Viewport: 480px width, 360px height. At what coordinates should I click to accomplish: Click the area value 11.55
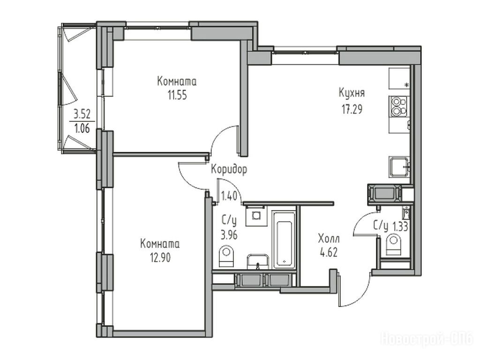click(177, 96)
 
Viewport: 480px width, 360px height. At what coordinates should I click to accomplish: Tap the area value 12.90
click(160, 258)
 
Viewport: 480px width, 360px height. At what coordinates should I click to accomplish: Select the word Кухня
click(352, 93)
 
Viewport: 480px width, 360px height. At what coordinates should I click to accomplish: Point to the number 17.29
click(352, 109)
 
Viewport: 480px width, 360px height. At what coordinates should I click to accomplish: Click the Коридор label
click(229, 169)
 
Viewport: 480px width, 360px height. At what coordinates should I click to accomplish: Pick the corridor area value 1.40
click(229, 195)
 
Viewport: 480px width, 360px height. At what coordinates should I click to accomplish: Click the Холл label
click(329, 238)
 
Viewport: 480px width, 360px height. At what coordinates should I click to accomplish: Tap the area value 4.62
click(329, 253)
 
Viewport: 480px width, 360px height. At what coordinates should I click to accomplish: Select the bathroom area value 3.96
click(229, 235)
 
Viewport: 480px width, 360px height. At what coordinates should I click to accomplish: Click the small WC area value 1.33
click(400, 227)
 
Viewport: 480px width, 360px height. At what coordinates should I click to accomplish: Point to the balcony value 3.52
click(82, 114)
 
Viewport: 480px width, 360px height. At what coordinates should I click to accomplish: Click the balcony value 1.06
click(82, 128)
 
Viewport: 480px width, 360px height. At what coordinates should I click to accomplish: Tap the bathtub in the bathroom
click(284, 240)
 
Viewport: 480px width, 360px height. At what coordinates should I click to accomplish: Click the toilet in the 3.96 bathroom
click(226, 256)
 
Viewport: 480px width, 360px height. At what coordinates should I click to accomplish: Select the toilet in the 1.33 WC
click(393, 245)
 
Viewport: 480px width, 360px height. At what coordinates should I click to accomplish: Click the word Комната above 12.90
click(160, 244)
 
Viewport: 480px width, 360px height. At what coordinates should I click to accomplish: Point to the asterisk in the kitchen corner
click(407, 85)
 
